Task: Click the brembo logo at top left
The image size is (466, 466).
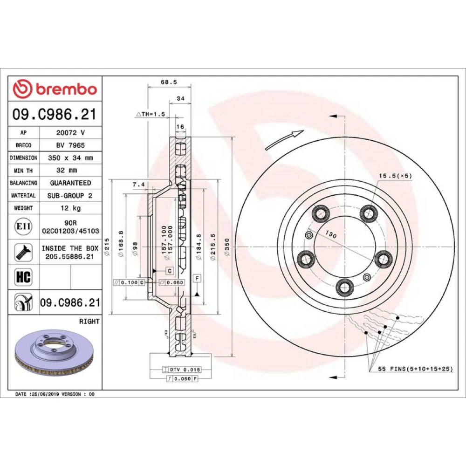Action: pyautogui.click(x=55, y=89)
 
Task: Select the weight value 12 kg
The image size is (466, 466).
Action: pyautogui.click(x=70, y=208)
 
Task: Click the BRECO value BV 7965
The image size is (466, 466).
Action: pyautogui.click(x=70, y=145)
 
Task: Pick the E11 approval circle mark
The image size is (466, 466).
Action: pyautogui.click(x=23, y=226)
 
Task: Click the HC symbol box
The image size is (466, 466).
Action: pyautogui.click(x=23, y=277)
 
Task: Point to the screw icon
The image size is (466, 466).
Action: pyautogui.click(x=23, y=252)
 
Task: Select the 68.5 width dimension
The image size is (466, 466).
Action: pyautogui.click(x=169, y=82)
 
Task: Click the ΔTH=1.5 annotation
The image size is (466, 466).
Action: pyautogui.click(x=151, y=114)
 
